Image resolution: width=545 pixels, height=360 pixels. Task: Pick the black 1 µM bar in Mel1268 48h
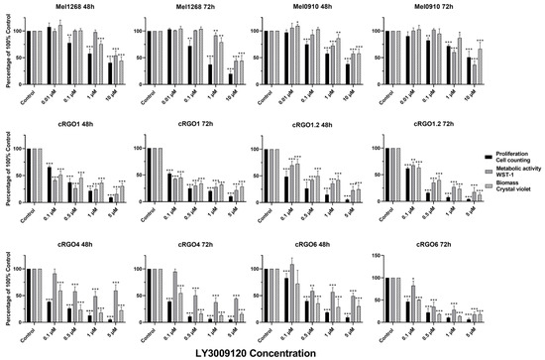pyautogui.click(x=90, y=69)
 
